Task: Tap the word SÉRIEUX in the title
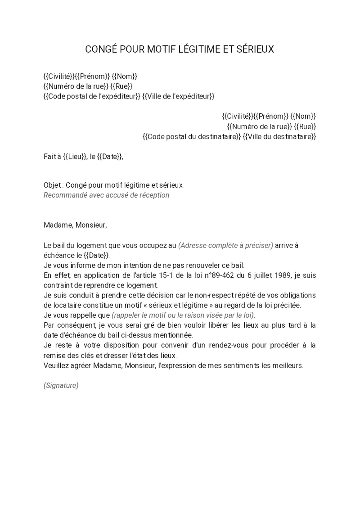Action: (x=253, y=50)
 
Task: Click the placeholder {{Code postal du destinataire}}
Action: (x=191, y=136)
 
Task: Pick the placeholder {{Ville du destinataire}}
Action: (x=279, y=136)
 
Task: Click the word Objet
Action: (x=53, y=185)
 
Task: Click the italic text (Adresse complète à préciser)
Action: (x=225, y=245)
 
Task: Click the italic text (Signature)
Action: (x=61, y=386)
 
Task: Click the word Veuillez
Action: (x=56, y=365)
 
